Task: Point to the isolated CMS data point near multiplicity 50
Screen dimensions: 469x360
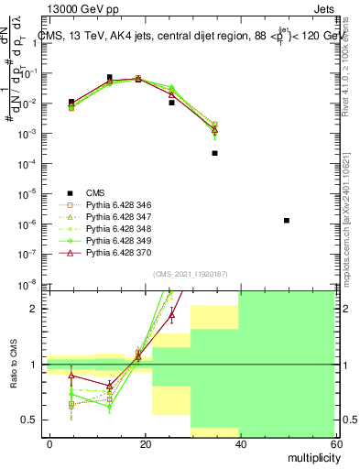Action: (287, 221)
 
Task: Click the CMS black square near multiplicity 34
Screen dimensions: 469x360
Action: (214, 153)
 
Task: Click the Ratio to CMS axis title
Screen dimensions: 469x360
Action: (15, 365)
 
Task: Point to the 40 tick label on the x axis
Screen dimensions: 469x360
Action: (239, 443)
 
